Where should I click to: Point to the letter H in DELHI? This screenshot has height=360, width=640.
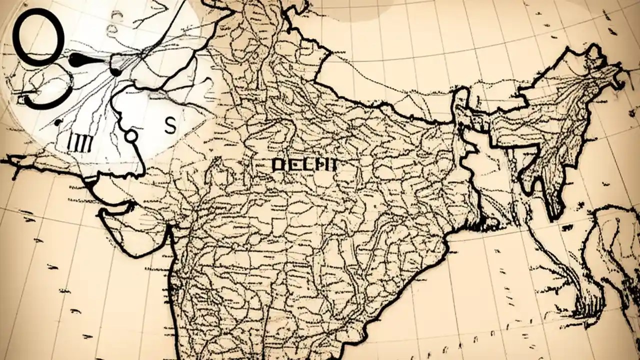(319, 164)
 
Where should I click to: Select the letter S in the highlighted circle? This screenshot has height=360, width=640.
(170, 126)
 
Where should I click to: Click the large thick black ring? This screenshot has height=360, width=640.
(38, 37)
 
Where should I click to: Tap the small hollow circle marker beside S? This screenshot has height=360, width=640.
(130, 135)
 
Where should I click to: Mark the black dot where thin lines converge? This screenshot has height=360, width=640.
(115, 72)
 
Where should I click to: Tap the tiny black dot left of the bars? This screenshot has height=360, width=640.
(59, 121)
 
